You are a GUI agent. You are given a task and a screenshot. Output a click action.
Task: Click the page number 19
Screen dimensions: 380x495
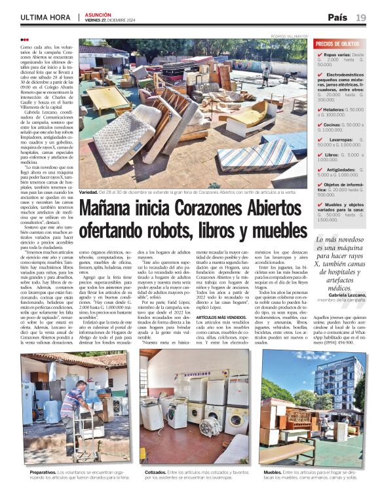coord(361,17)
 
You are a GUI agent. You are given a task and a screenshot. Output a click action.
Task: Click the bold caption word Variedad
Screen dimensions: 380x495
coord(88,192)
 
